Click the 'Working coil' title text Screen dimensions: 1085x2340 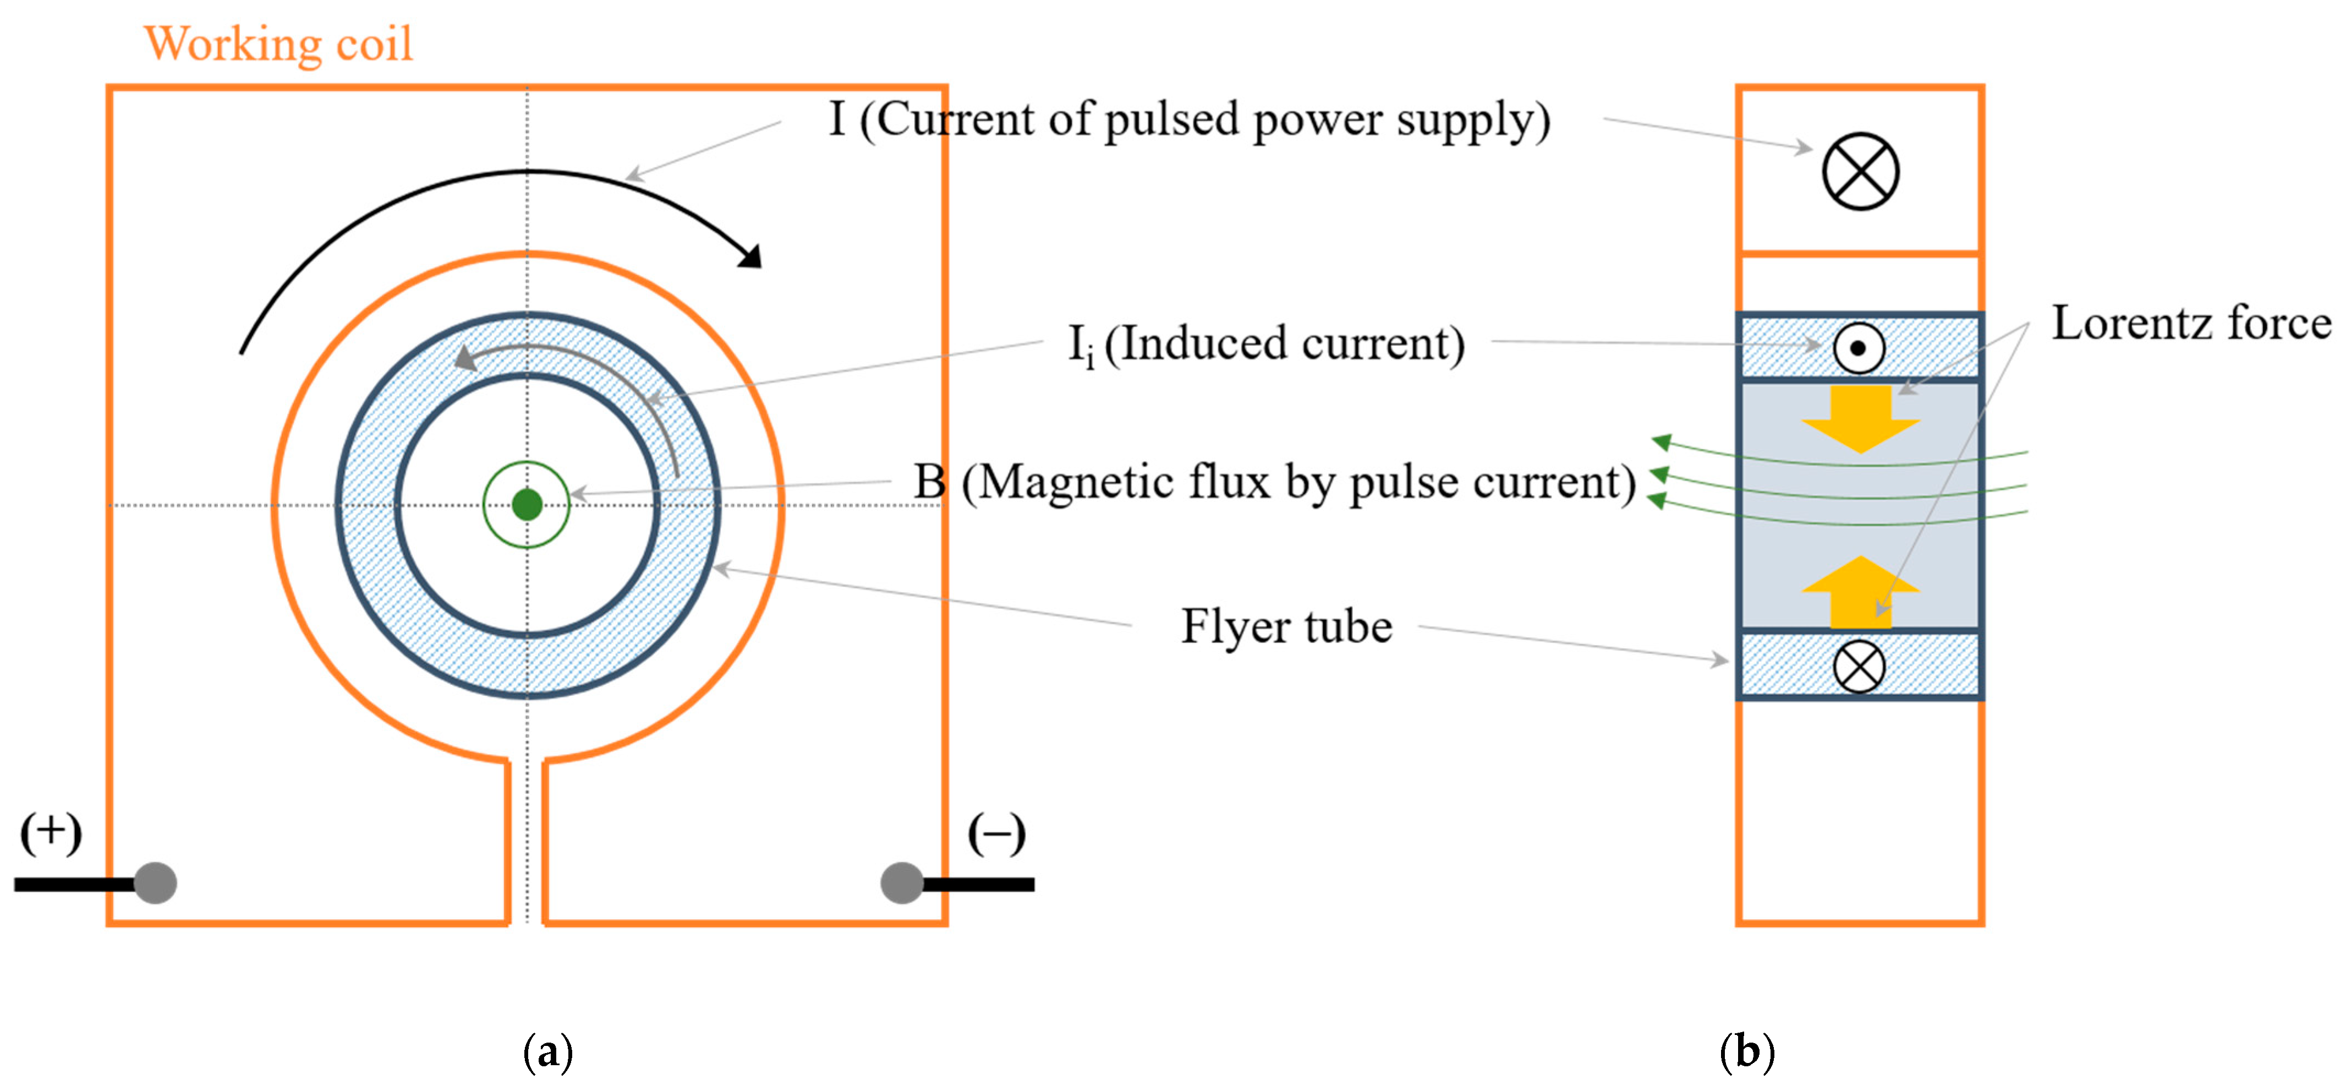(x=278, y=43)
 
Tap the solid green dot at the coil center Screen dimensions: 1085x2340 (x=527, y=504)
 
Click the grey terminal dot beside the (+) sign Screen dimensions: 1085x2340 (x=155, y=882)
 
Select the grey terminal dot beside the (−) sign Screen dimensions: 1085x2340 (x=901, y=882)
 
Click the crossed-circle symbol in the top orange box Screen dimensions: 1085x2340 (x=1860, y=172)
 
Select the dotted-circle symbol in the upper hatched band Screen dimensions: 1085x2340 (x=1859, y=348)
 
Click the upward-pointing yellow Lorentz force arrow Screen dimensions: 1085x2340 (x=1860, y=592)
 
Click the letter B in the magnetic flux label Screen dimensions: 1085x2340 (x=929, y=482)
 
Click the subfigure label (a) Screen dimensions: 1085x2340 (x=548, y=1053)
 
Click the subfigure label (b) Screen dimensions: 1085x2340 (x=1747, y=1053)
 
